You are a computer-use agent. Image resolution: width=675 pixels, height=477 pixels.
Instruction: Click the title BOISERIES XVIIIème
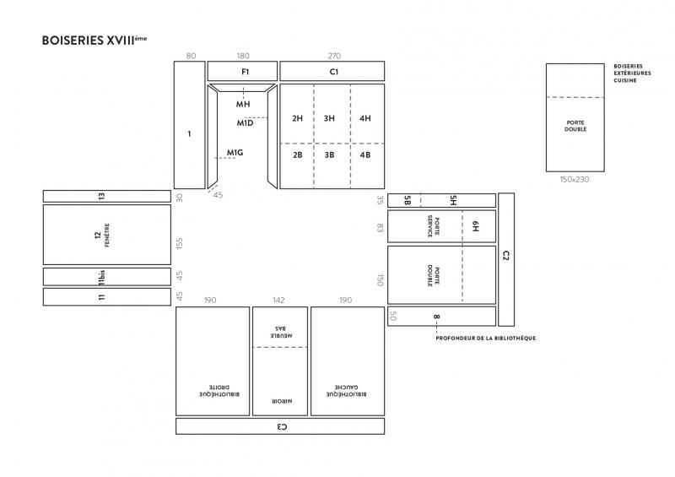tap(94, 40)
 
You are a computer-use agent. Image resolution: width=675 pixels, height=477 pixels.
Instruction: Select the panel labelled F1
tap(242, 71)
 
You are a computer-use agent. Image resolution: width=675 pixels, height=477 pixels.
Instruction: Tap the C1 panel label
tap(334, 72)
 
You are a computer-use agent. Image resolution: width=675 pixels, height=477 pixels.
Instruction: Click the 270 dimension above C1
tap(334, 56)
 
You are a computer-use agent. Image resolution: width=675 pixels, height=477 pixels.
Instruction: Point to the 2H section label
tap(298, 118)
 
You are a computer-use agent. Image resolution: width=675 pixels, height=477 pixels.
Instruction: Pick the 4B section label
tap(365, 154)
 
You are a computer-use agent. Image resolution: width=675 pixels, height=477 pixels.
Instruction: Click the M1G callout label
tap(235, 153)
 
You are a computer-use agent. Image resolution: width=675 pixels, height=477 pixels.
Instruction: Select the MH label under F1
tap(243, 104)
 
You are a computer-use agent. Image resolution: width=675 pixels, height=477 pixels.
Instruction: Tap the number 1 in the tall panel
tap(189, 134)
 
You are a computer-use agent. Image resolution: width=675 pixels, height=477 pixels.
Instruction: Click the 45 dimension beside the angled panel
tap(218, 195)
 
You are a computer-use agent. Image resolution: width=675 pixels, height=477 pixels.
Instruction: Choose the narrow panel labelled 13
tap(107, 196)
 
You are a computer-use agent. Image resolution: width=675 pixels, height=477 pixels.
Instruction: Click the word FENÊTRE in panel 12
tap(107, 235)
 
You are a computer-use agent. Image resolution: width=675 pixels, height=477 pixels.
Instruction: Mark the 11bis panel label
tap(101, 278)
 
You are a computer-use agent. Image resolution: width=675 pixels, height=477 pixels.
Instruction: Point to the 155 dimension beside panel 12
tap(180, 243)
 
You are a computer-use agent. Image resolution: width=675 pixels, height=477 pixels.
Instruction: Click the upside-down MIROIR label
tap(282, 401)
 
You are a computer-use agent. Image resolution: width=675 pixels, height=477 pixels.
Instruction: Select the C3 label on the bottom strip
tap(282, 426)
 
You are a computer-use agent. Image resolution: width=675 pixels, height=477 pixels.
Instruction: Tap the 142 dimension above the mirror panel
tap(278, 300)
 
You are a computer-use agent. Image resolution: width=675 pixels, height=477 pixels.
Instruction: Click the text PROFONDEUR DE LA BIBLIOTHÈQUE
tap(486, 339)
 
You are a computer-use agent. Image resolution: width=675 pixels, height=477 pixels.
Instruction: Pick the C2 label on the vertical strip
tap(505, 256)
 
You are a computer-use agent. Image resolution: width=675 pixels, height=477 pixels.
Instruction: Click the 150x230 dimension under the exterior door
tap(575, 179)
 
